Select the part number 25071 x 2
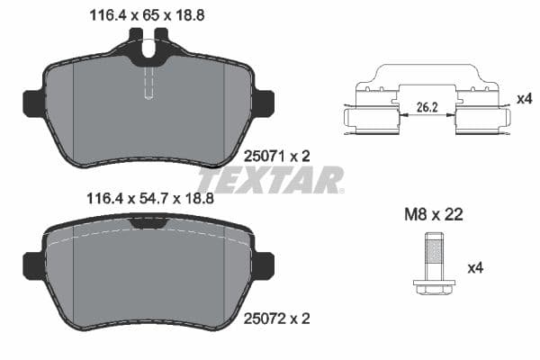[277, 156]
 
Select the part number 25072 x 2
[277, 318]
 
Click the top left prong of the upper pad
[136, 40]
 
